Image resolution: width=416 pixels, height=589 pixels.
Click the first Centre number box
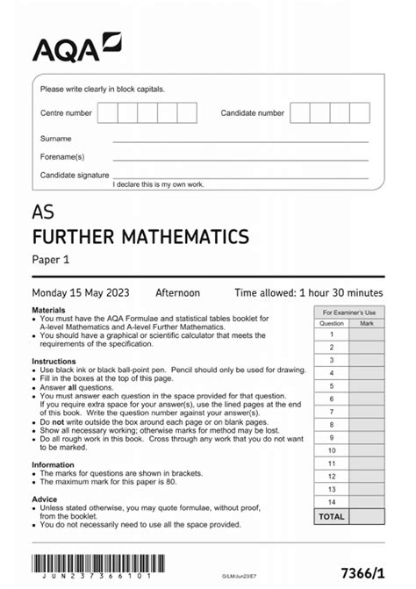pos(107,113)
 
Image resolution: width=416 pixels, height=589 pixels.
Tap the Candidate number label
pos(252,113)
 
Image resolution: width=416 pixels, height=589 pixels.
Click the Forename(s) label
pos(62,156)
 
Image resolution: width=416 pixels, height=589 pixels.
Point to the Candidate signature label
pos(73,176)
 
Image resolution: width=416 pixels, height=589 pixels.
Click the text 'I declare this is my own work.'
pos(158,184)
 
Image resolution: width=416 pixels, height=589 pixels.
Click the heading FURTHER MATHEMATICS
pos(140,236)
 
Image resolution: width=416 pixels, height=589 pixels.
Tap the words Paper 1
pos(50,259)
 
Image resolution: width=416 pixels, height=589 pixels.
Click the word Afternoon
pos(178,292)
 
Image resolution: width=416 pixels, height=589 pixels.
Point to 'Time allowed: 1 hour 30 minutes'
pos(308,292)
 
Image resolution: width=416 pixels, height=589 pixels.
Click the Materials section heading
pos(48,311)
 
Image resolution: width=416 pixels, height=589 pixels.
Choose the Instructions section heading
pos(54,361)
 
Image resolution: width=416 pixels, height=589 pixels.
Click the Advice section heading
pos(45,497)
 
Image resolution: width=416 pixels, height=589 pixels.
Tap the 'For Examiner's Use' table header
pos(349,312)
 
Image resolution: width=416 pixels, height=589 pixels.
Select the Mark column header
pos(367,323)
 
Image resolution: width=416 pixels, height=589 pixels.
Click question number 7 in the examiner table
pos(332,411)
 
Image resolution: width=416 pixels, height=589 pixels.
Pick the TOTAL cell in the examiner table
pos(332,517)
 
